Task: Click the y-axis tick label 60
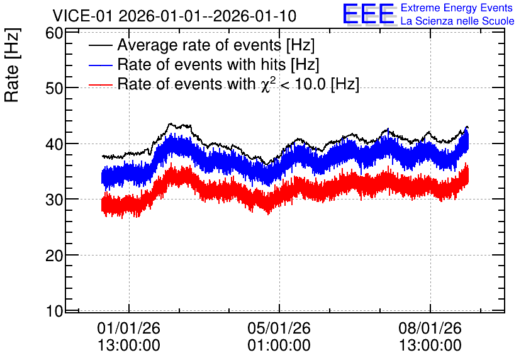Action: click(x=54, y=33)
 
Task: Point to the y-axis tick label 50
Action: click(x=54, y=89)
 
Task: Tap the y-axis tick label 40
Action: click(x=54, y=144)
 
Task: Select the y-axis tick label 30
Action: click(x=54, y=200)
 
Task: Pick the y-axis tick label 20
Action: click(x=54, y=256)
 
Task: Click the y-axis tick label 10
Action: click(x=54, y=312)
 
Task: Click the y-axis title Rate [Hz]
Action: click(x=12, y=65)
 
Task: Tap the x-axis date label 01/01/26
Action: click(x=129, y=328)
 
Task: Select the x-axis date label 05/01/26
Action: click(x=279, y=328)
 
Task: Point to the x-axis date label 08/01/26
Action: click(x=430, y=328)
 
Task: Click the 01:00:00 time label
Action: click(x=279, y=346)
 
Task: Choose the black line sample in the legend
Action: click(x=100, y=45)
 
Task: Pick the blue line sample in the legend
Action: click(x=100, y=65)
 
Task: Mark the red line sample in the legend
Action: click(x=100, y=84)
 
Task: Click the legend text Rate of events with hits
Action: click(x=201, y=64)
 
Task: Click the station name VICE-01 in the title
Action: click(x=83, y=16)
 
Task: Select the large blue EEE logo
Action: click(x=369, y=14)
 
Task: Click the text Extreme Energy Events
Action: click(x=457, y=8)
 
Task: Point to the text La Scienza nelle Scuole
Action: click(x=457, y=21)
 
